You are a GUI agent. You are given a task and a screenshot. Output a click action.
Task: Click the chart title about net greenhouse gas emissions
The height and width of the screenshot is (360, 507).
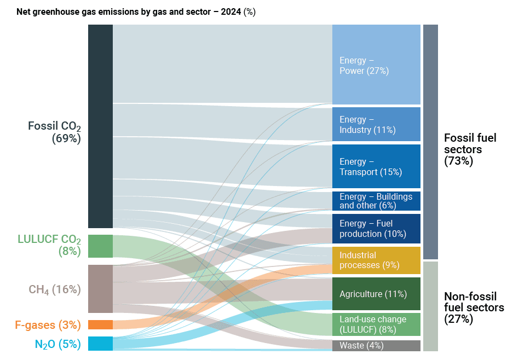136,12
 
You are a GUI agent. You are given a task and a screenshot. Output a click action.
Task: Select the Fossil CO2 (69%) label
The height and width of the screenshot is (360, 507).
55,132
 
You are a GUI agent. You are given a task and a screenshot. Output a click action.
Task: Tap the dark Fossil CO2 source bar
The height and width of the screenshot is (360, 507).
100,126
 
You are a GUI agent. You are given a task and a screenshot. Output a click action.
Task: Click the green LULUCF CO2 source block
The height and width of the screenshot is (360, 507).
100,246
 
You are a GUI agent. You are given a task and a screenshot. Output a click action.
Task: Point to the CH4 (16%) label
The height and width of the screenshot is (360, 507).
55,289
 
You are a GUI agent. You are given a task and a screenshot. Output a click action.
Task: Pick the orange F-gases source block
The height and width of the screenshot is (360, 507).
100,324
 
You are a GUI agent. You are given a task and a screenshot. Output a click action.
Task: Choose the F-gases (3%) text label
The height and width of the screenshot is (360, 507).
48,325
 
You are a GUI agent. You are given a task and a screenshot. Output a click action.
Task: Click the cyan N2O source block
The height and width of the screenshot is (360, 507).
100,344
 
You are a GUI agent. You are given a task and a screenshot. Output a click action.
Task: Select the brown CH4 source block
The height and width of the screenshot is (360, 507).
100,289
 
